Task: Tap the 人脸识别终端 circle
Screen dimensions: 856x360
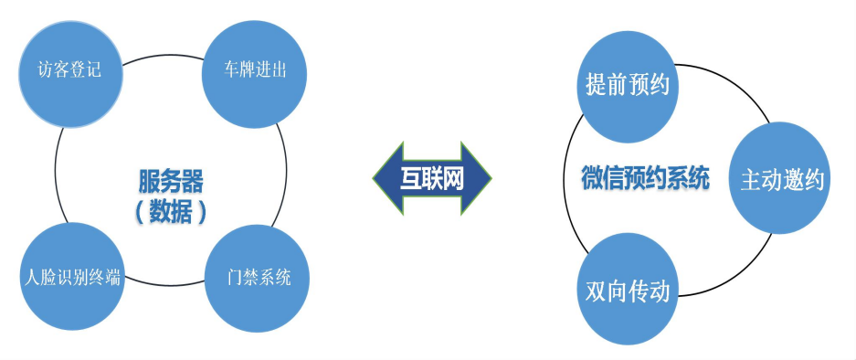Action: click(x=69, y=277)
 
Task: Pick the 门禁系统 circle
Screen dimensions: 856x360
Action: click(x=259, y=277)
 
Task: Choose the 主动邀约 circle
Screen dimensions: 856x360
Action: click(x=781, y=179)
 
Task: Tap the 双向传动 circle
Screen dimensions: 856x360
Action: click(x=628, y=291)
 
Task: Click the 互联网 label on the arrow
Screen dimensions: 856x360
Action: click(x=432, y=178)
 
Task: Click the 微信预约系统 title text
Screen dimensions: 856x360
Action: click(x=645, y=178)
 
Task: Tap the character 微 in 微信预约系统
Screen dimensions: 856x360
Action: click(x=593, y=178)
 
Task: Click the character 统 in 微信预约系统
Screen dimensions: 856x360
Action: click(x=698, y=178)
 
